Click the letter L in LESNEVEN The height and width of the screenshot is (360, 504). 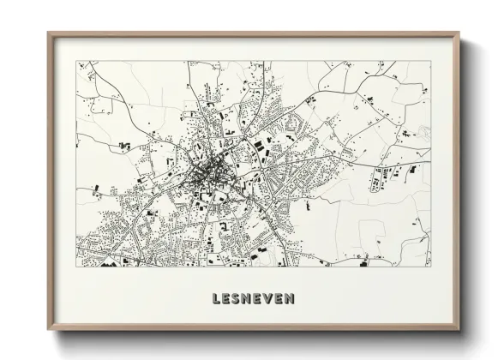coord(216,299)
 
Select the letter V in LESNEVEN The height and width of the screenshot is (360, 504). coord(270,299)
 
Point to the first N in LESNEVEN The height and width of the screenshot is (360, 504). coord(249,299)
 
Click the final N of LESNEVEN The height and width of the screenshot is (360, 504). coord(291,299)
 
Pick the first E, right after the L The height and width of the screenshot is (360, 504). coord(227,299)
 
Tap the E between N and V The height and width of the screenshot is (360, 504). coord(260,299)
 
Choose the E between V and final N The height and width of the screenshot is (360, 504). coord(280,299)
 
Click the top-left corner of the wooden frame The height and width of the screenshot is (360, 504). coord(48,33)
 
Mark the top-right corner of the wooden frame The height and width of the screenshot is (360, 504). coord(459,33)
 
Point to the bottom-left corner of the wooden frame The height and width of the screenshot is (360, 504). coord(48,330)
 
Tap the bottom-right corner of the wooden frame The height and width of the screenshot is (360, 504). coord(459,330)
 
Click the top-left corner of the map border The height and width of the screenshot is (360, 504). coord(76,61)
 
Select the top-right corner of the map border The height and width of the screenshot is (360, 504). coord(431,61)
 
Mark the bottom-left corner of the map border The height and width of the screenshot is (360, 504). coord(76,267)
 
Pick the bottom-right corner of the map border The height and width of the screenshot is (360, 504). coord(431,267)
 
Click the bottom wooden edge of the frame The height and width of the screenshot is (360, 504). coord(254,328)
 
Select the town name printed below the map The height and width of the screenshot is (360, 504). coord(253,299)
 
